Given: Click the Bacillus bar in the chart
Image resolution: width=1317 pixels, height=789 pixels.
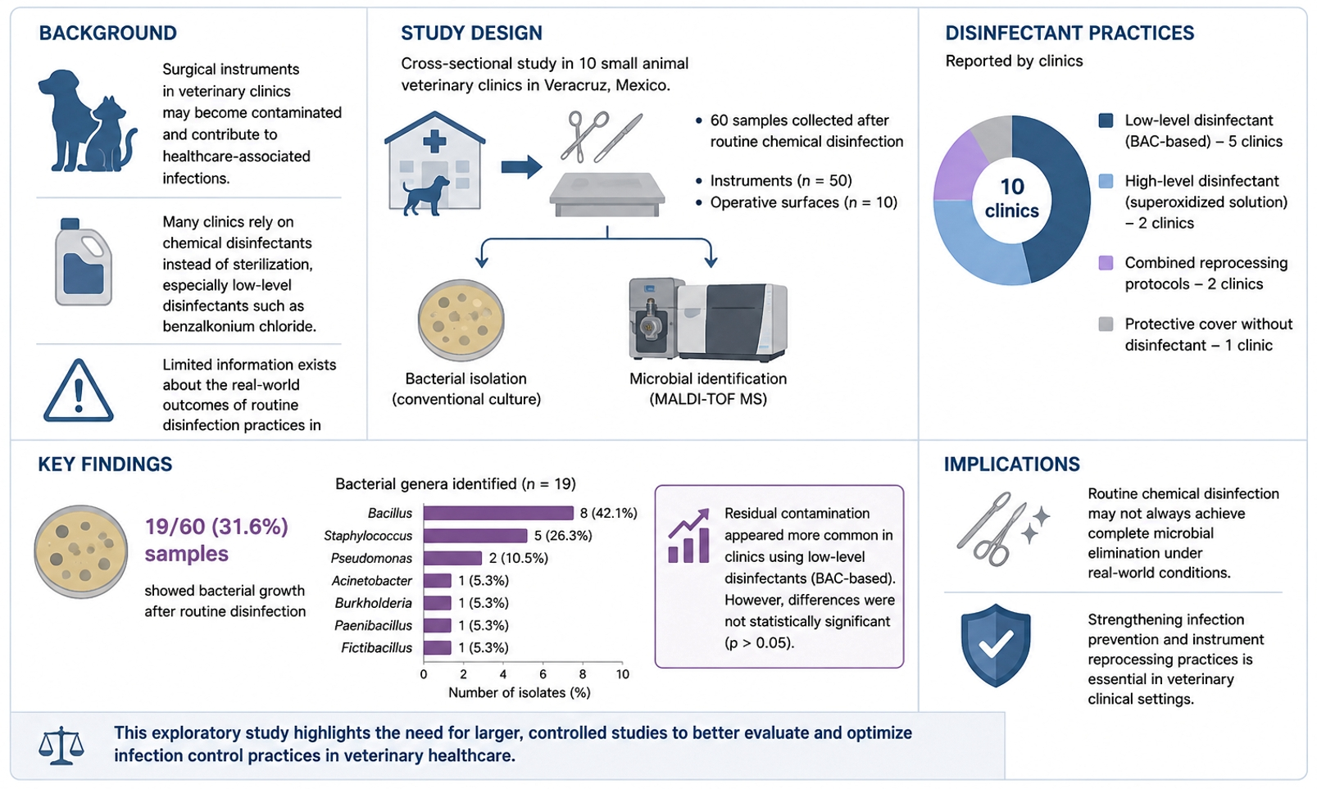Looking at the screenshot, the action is [x=498, y=513].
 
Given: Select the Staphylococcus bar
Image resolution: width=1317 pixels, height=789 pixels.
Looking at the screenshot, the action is [x=475, y=536].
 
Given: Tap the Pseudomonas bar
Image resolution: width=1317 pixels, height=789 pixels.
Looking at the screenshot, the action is [x=452, y=558].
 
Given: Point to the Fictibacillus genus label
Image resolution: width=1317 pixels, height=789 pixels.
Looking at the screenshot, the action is [x=376, y=648].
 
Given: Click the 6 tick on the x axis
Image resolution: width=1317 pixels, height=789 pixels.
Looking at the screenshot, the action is [x=543, y=674].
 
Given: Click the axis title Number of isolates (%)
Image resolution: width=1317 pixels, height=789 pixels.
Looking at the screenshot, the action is [x=519, y=692].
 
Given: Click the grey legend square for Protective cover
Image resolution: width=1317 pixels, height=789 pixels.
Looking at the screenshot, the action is [x=1106, y=324].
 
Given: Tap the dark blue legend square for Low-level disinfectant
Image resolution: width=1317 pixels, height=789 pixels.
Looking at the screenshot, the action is [x=1106, y=120].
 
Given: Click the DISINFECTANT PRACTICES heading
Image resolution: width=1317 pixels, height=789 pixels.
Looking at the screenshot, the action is [x=1069, y=33].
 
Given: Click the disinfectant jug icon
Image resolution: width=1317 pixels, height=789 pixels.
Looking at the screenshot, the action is [x=84, y=262].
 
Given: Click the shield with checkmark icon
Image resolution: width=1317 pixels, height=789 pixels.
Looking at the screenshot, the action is [x=996, y=645].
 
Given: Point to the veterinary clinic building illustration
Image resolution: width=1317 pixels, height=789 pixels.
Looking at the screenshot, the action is [x=434, y=163].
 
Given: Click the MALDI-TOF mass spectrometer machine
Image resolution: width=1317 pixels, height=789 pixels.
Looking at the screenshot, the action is [x=708, y=320].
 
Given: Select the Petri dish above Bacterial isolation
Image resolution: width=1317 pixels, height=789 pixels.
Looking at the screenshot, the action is [x=461, y=320].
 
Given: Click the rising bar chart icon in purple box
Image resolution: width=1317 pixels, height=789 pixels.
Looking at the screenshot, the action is [x=688, y=536].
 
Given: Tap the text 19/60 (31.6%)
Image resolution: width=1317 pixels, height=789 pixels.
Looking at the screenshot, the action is [x=216, y=527].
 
